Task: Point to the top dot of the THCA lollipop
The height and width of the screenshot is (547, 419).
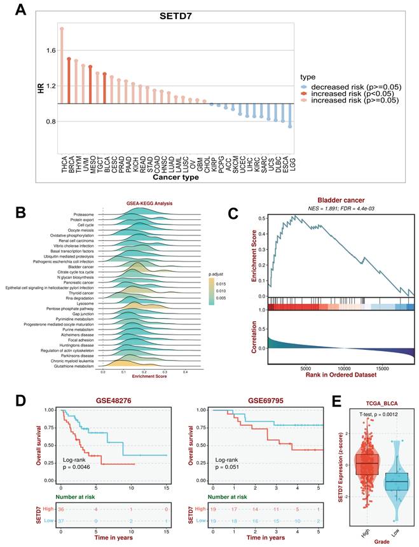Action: click(62, 29)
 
